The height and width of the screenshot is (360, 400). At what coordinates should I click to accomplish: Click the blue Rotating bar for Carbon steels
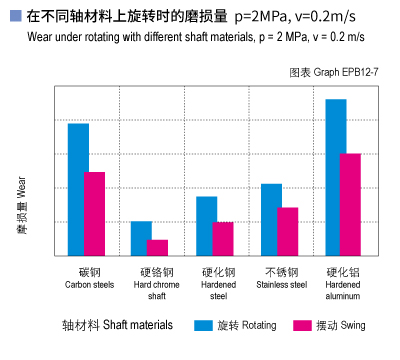[78, 191]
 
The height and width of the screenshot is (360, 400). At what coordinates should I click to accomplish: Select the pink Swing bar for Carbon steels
[95, 215]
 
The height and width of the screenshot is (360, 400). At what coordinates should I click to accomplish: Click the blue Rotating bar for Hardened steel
[207, 227]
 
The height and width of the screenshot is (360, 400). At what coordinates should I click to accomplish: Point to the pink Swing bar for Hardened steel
[223, 240]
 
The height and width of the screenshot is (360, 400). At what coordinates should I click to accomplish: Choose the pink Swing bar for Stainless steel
[288, 233]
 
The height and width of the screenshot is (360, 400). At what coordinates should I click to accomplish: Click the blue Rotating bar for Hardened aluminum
[336, 179]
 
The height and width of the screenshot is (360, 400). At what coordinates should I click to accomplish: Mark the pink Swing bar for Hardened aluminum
[351, 206]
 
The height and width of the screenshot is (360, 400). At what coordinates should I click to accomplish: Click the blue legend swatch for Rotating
[204, 325]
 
